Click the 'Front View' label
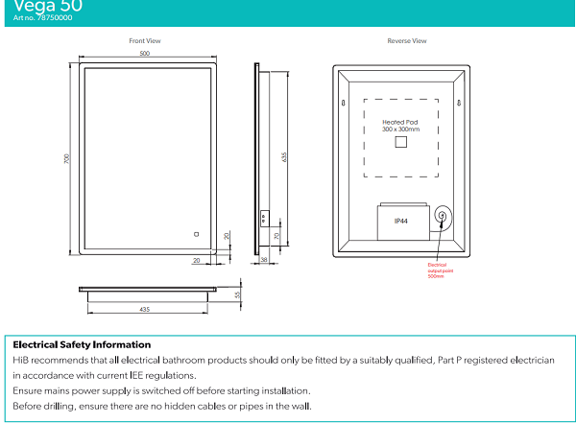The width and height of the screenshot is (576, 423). (x=145, y=41)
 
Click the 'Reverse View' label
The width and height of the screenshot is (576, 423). (x=407, y=41)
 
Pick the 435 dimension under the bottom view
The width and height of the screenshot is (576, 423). (x=145, y=309)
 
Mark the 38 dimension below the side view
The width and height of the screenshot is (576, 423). (x=264, y=260)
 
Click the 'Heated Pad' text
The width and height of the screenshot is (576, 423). (x=400, y=123)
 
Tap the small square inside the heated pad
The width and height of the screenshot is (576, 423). (x=400, y=143)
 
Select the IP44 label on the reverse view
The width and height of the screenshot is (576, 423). (x=401, y=221)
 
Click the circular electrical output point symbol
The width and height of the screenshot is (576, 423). (x=443, y=217)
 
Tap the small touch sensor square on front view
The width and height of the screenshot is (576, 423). (x=195, y=231)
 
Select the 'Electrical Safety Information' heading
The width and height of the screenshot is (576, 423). (x=82, y=344)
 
